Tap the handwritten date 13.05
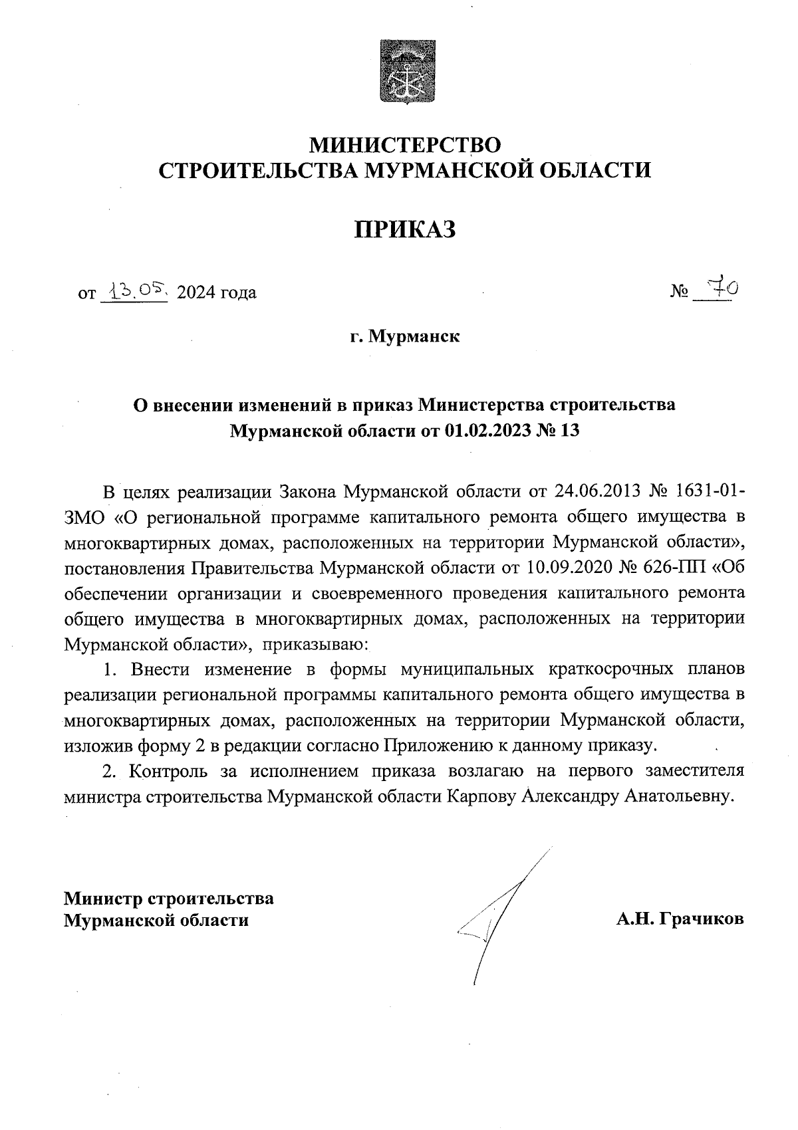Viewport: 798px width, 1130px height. [x=133, y=290]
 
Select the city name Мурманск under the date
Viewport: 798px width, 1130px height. [x=414, y=336]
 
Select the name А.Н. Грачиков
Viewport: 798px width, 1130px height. [x=680, y=919]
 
